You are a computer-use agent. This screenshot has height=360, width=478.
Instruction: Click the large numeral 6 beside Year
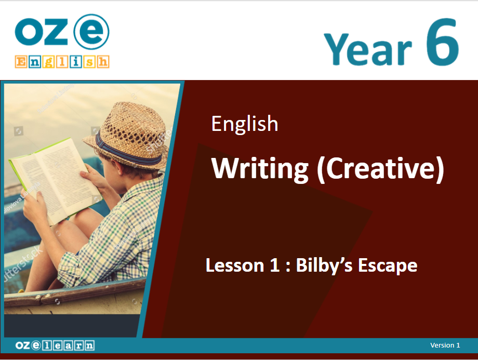pos(442,42)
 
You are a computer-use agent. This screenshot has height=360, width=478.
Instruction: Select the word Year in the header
pos(368,49)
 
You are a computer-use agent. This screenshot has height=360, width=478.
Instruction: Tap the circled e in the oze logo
pos(92,32)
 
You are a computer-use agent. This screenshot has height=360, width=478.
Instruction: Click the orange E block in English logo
pos(21,62)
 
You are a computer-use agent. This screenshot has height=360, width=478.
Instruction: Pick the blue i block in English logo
pos(76,62)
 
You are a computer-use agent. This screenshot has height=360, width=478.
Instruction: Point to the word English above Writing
pos(245,124)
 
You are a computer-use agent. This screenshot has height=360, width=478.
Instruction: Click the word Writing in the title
pos(260,169)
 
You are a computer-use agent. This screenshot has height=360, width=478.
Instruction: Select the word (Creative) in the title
pos(380,169)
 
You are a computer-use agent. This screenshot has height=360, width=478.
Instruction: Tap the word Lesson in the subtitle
pos(235,265)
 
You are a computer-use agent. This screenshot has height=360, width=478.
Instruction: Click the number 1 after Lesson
pos(275,265)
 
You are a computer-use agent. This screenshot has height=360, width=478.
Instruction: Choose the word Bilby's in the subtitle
pos(324,266)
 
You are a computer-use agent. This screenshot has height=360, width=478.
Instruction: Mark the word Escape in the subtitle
pos(388,266)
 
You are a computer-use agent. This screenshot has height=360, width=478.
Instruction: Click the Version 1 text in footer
pos(445,345)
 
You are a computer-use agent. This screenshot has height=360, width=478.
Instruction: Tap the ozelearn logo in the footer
pos(55,345)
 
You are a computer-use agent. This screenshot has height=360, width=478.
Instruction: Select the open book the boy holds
pos(56,180)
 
